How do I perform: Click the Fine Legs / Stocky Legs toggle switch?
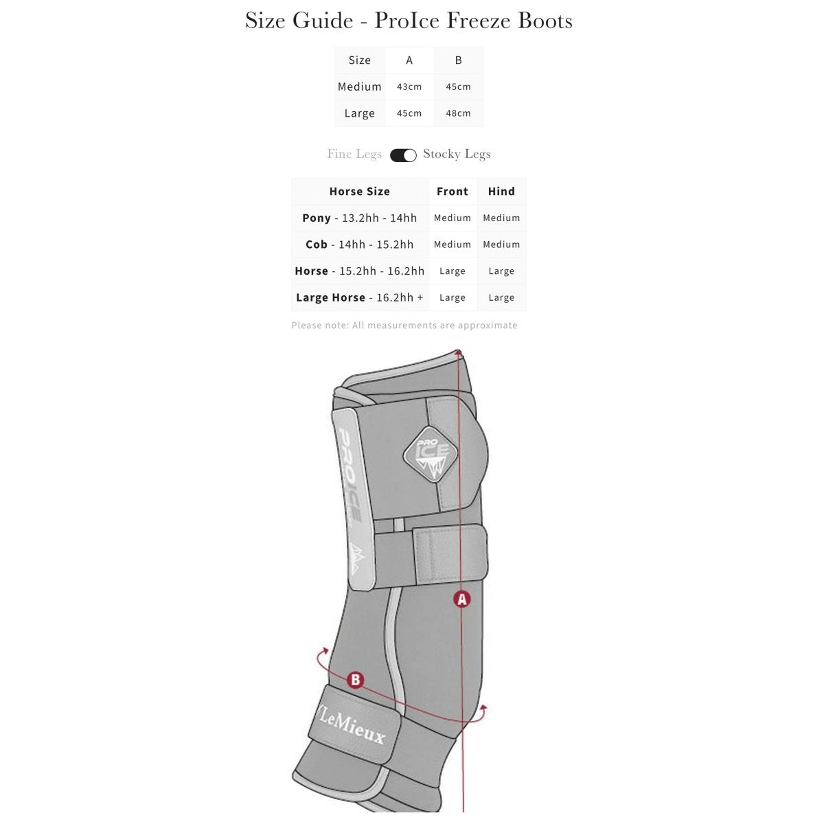coord(403,155)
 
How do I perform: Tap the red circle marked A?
coord(462,599)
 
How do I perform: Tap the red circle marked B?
coord(355,680)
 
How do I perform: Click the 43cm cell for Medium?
coord(409,87)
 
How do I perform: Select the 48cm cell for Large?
coord(459,113)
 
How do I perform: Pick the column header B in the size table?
coord(459,60)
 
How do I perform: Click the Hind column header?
coord(501,191)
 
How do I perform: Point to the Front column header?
coord(453,191)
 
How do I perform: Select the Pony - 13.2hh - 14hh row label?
coord(360,218)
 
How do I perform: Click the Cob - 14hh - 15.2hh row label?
coord(360,244)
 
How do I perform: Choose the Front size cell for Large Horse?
coord(453,297)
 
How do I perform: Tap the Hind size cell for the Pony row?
coord(501,218)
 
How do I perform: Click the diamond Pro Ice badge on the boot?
coord(431,454)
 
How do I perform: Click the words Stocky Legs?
coord(457,154)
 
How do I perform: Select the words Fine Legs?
coord(354,154)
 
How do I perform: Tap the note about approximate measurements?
coord(404,325)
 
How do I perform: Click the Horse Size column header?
coord(360,191)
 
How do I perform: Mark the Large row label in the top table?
coord(360,114)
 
